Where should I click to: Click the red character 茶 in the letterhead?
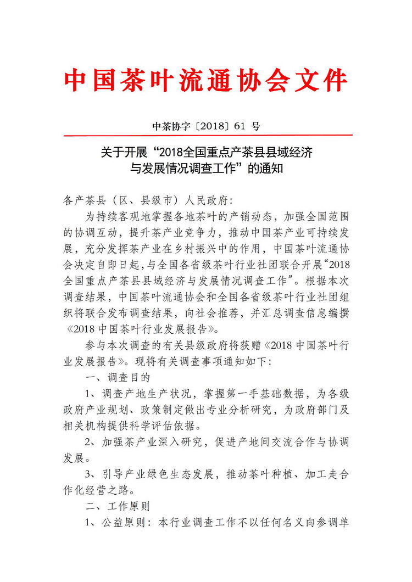point(135,81)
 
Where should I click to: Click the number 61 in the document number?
point(238,126)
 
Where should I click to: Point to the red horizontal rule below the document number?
point(208,135)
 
